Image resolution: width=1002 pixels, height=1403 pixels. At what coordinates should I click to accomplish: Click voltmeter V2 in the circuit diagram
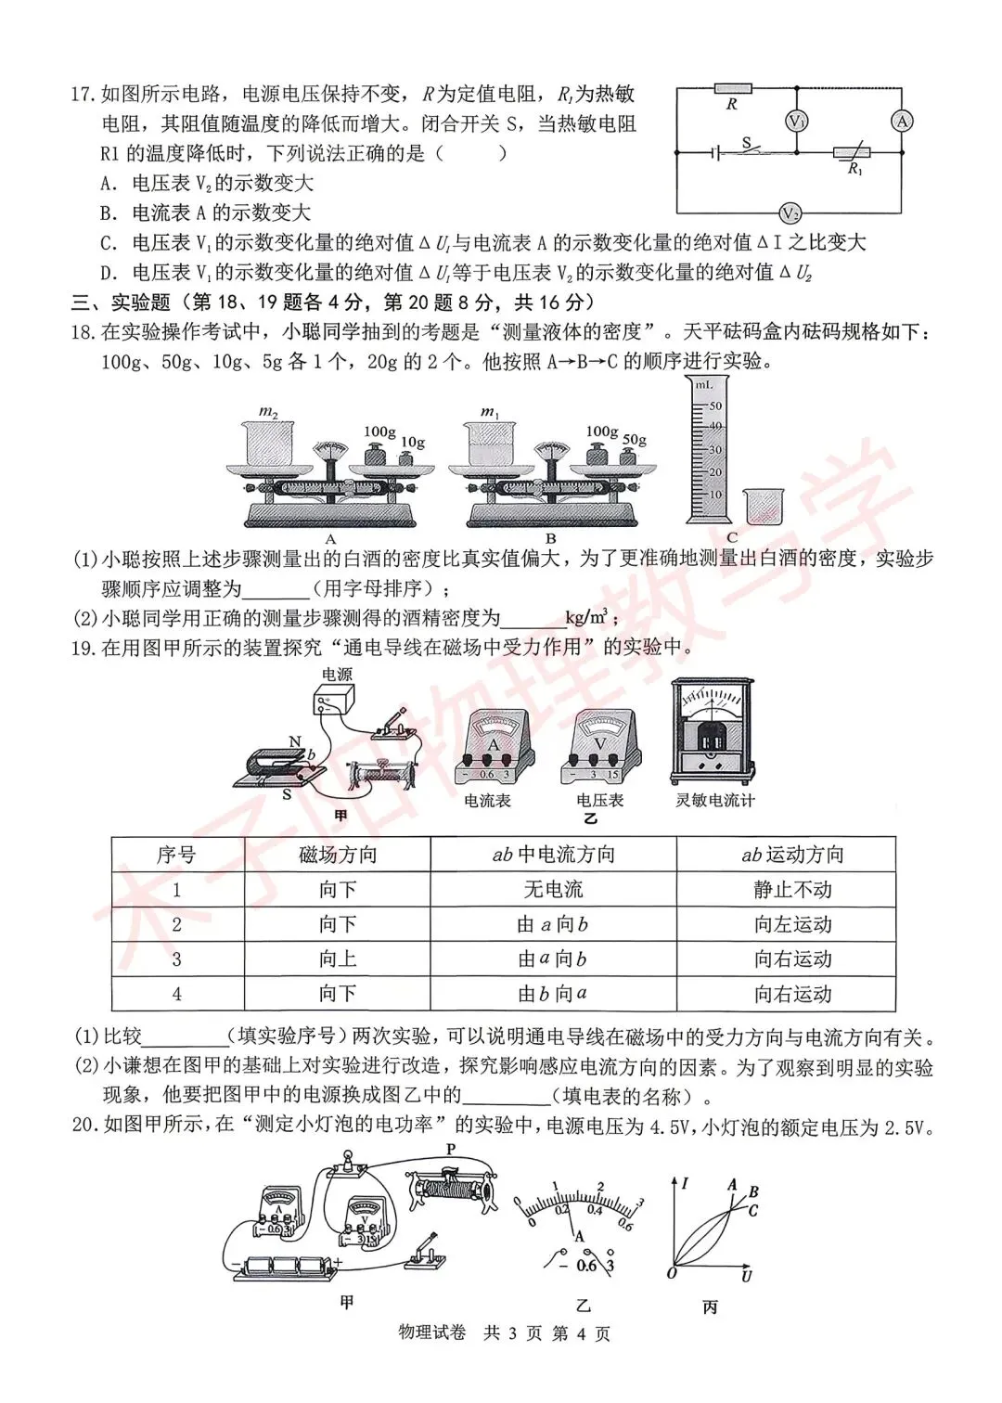tap(790, 213)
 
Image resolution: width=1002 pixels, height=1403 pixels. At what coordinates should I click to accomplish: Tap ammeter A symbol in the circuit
tap(902, 121)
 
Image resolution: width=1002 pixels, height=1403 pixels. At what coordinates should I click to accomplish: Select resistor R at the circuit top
tap(733, 89)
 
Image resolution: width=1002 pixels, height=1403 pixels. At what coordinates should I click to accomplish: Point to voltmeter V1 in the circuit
tap(797, 122)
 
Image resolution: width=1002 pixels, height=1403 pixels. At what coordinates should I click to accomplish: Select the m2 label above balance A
tap(268, 411)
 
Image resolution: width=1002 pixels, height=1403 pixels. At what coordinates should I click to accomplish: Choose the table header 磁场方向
tap(338, 855)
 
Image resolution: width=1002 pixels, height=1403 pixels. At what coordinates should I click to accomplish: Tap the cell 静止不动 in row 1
tap(792, 890)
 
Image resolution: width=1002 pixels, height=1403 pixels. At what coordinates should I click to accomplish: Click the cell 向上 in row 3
tap(338, 959)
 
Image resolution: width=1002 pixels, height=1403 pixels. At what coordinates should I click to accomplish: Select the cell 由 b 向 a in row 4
tap(553, 994)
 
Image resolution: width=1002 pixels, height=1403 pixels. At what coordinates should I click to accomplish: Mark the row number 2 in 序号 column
tap(177, 924)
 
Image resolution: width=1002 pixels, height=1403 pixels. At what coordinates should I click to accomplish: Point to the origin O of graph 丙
tap(672, 1272)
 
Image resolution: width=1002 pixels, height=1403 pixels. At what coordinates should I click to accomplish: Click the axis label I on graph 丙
tap(684, 1183)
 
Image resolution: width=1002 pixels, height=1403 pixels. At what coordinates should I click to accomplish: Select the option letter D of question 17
tap(109, 273)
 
